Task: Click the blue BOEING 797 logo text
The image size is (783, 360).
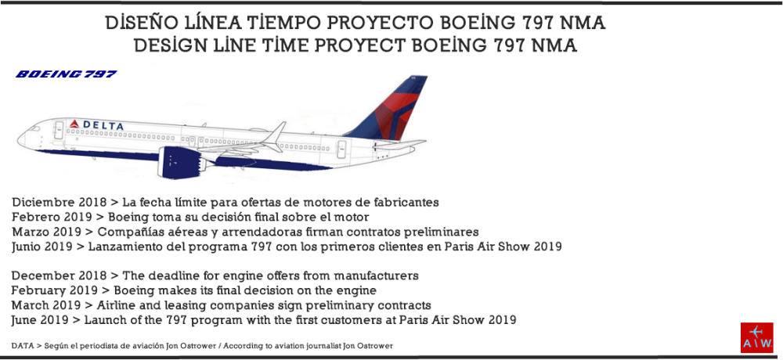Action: [67, 74]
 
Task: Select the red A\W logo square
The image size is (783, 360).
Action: [756, 337]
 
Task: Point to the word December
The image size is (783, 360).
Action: [43, 275]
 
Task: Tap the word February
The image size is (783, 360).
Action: [39, 290]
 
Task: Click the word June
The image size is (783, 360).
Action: [27, 320]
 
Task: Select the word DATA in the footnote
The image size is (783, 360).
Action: [23, 345]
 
